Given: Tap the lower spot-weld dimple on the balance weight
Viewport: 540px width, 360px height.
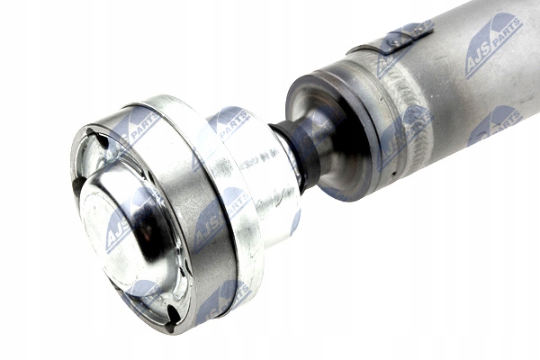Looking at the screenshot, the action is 395,42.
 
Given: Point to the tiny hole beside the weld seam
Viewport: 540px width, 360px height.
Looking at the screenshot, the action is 391,171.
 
